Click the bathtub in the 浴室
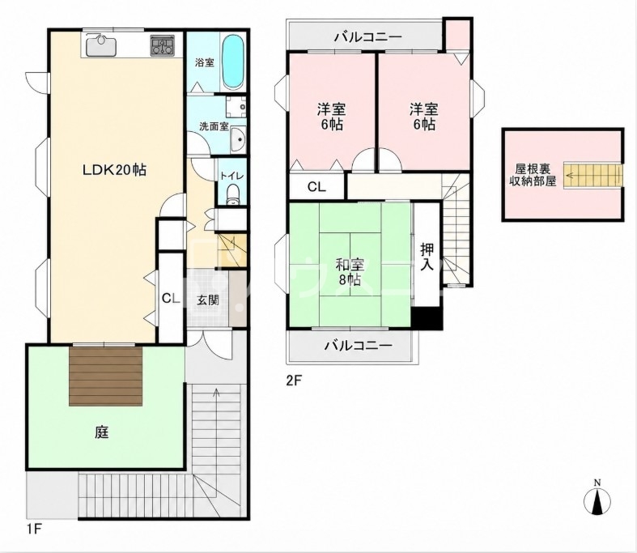(234, 62)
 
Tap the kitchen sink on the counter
(101, 45)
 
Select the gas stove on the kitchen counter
(164, 45)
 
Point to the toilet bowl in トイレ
(233, 195)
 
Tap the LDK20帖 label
(115, 170)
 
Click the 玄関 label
(208, 300)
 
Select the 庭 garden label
(102, 432)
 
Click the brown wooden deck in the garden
(106, 376)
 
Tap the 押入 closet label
(427, 257)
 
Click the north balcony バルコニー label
(368, 37)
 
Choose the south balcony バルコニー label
(359, 346)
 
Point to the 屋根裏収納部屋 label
(533, 175)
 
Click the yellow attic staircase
(592, 175)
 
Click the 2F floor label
(295, 381)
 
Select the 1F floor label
(35, 530)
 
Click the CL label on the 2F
(316, 187)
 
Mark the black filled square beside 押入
(427, 318)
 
